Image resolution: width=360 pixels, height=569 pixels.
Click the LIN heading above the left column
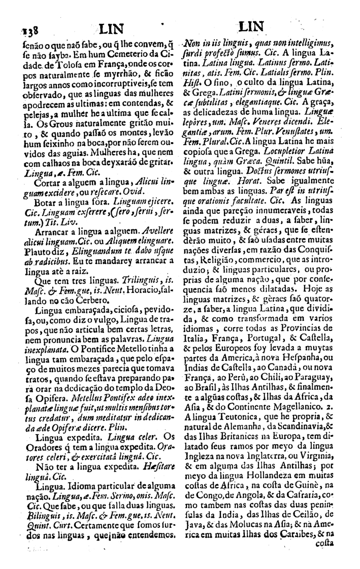click(110, 28)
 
